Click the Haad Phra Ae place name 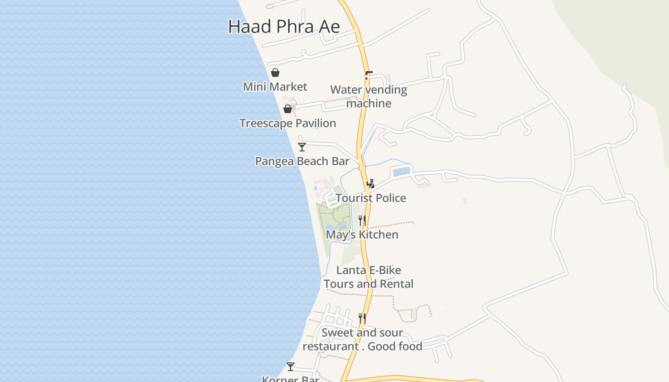click(x=284, y=26)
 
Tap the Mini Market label click(x=275, y=87)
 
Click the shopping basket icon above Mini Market click(x=275, y=73)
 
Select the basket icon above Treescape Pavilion click(x=288, y=109)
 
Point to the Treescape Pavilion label click(x=288, y=123)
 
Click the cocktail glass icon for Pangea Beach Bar click(x=302, y=147)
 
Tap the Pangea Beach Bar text click(x=302, y=161)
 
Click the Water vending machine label click(x=368, y=96)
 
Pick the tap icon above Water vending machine click(x=368, y=75)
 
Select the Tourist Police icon click(x=370, y=183)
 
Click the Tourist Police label click(x=371, y=198)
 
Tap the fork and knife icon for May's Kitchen click(x=362, y=220)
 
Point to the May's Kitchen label click(x=362, y=235)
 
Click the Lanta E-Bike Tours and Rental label click(x=368, y=277)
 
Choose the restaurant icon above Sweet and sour click(x=362, y=318)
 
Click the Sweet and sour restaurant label click(x=362, y=340)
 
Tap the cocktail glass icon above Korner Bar click(x=291, y=367)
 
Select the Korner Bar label click(x=291, y=379)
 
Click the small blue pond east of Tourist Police click(x=401, y=172)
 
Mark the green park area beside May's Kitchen click(x=330, y=224)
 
